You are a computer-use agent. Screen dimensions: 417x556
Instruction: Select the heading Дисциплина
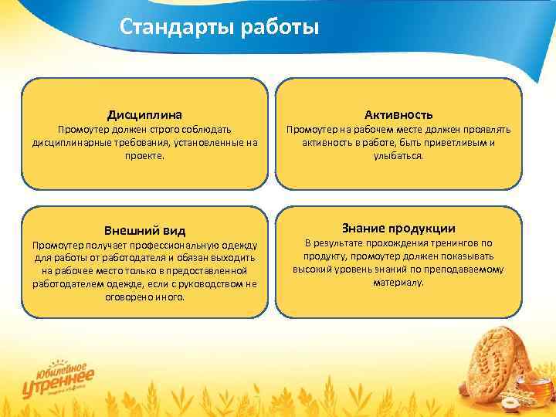pos(144,114)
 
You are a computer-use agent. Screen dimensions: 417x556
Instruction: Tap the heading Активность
pos(398,114)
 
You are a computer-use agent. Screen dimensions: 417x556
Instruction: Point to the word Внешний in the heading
pos(129,230)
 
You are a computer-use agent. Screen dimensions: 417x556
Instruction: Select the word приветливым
pos(456,143)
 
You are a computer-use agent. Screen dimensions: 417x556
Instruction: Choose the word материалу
pos(398,283)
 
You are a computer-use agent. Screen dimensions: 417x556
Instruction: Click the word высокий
pos(312,270)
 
